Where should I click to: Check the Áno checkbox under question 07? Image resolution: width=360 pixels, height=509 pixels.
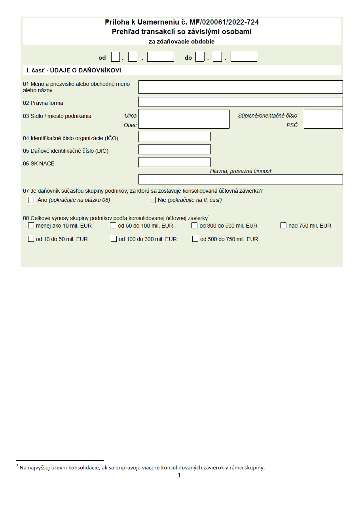coord(31,200)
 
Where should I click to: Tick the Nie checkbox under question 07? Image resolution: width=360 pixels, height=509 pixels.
coord(153,200)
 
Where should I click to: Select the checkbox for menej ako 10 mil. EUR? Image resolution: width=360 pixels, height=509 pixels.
coord(31,226)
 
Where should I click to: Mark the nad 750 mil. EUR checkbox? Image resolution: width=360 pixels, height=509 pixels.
coord(283,226)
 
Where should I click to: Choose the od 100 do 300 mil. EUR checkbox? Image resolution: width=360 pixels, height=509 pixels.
coord(114,239)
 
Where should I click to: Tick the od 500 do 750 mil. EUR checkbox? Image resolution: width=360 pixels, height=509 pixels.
coord(195,239)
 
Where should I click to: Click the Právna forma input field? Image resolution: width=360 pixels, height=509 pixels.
coord(240,102)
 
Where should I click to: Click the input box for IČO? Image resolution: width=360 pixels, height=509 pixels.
coord(174,137)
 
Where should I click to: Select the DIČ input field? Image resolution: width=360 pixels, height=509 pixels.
coord(174,150)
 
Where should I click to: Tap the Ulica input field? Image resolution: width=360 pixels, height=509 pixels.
coord(184,115)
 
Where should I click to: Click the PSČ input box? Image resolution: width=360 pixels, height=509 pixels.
coord(323,124)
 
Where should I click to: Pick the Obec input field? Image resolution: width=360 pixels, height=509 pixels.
coord(184,124)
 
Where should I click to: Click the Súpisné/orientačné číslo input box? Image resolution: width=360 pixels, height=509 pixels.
coord(323,115)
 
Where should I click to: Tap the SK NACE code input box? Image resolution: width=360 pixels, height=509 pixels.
coord(174,162)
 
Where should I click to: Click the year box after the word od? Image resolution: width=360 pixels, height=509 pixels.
coord(160,57)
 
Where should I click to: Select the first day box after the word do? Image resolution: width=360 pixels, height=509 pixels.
coord(200,57)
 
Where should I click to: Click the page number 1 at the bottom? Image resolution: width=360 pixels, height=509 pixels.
coord(179,475)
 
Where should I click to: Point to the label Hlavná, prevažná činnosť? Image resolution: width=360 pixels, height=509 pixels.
coord(241,171)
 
